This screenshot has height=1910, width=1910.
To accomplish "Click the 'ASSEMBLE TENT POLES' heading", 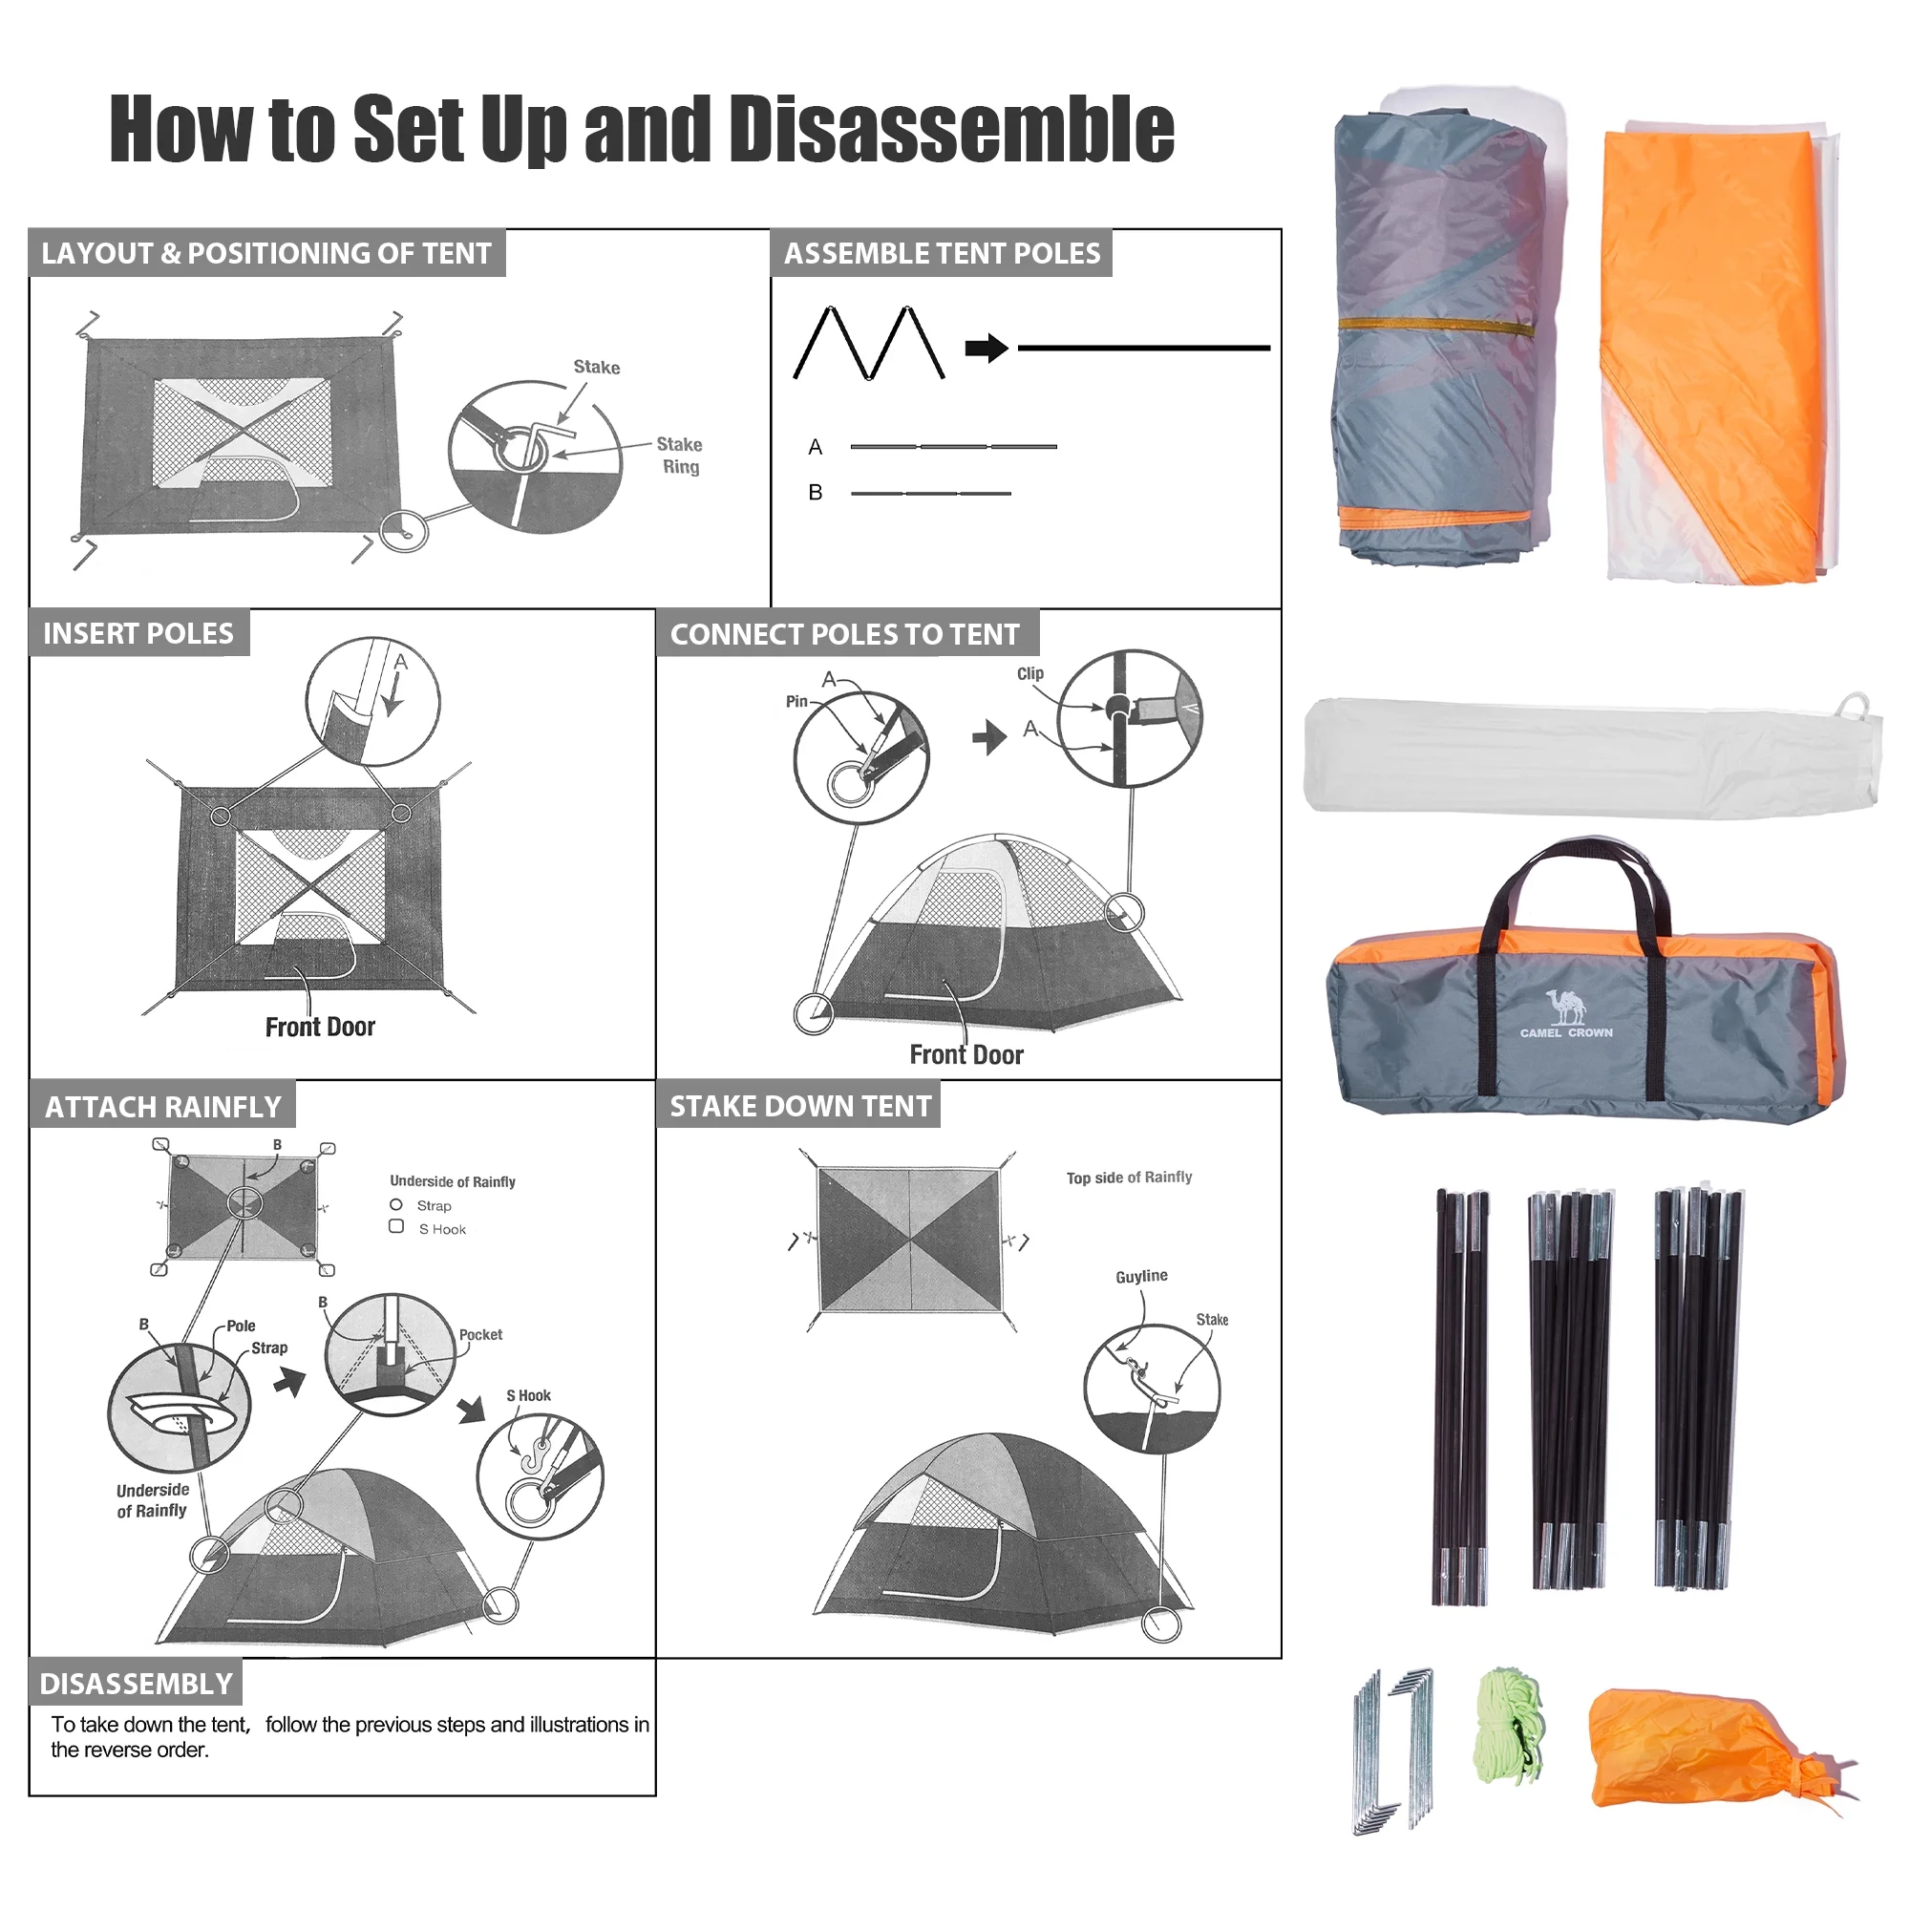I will (942, 254).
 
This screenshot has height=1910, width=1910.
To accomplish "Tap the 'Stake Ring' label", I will (679, 456).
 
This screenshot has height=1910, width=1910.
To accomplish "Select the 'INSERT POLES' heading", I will (138, 634).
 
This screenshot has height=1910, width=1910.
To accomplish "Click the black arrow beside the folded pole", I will (986, 348).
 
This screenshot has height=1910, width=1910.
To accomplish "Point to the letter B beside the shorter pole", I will (815, 493).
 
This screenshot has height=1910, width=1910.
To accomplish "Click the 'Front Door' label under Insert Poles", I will (319, 1028).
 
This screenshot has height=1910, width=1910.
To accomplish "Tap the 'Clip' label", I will (1029, 674).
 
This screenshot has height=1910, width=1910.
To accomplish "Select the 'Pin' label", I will (796, 702).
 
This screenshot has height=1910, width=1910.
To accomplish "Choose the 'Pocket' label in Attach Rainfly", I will (480, 1335).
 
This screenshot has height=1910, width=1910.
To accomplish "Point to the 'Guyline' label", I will (1141, 1276).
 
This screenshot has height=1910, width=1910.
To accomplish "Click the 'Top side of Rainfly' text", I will (1128, 1178).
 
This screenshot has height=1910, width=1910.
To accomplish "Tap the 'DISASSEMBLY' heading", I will (136, 1684).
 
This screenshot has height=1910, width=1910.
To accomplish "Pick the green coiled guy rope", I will (1510, 1727).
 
